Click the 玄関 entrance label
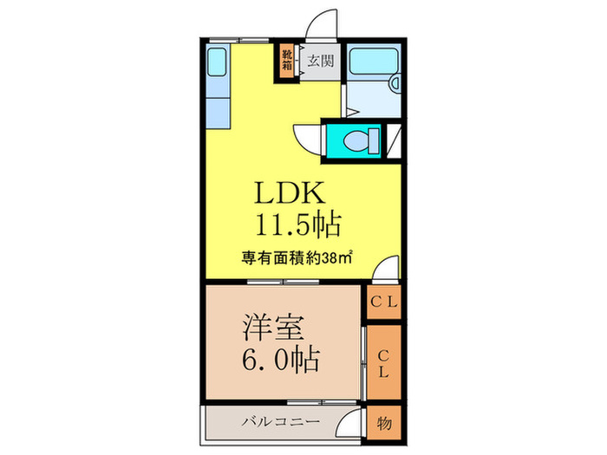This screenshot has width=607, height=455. (320, 62)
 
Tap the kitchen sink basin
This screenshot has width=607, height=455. (217, 63)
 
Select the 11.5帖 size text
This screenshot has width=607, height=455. (295, 225)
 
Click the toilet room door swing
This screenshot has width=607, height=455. (308, 139)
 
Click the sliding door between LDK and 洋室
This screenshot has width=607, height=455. (282, 283)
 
